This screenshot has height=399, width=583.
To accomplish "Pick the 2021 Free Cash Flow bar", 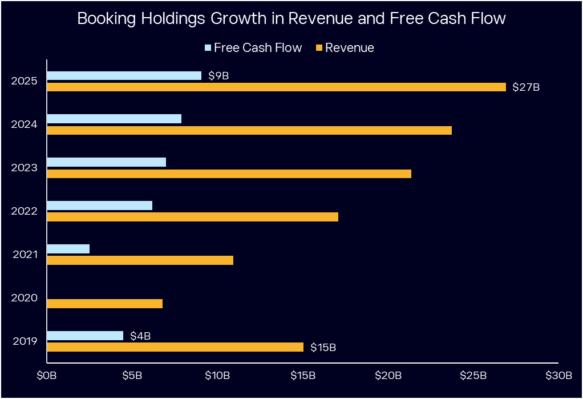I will pyautogui.click(x=68, y=249).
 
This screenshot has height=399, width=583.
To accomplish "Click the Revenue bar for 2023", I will pyautogui.click(x=229, y=174).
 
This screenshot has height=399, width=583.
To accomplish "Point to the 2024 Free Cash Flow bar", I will pyautogui.click(x=114, y=119).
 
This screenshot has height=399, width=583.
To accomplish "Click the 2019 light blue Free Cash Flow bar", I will pyautogui.click(x=85, y=336).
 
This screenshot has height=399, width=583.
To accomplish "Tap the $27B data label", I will pyautogui.click(x=525, y=87).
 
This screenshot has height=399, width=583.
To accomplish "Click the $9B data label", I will pyautogui.click(x=218, y=75).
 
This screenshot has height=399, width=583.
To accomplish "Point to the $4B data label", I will pyautogui.click(x=140, y=336).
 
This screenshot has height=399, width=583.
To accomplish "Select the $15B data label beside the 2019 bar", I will pyautogui.click(x=323, y=348).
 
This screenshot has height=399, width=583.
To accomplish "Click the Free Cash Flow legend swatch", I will pyautogui.click(x=208, y=48).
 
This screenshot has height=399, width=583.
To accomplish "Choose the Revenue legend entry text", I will pyautogui.click(x=349, y=48).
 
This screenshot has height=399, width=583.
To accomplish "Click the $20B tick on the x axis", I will pyautogui.click(x=388, y=376).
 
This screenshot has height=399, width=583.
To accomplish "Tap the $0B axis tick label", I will pyautogui.click(x=47, y=376).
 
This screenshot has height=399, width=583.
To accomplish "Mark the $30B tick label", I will pyautogui.click(x=558, y=376).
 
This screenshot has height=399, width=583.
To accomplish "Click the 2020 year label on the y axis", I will pyautogui.click(x=25, y=298).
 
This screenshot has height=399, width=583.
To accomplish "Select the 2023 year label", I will pyautogui.click(x=25, y=168).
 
